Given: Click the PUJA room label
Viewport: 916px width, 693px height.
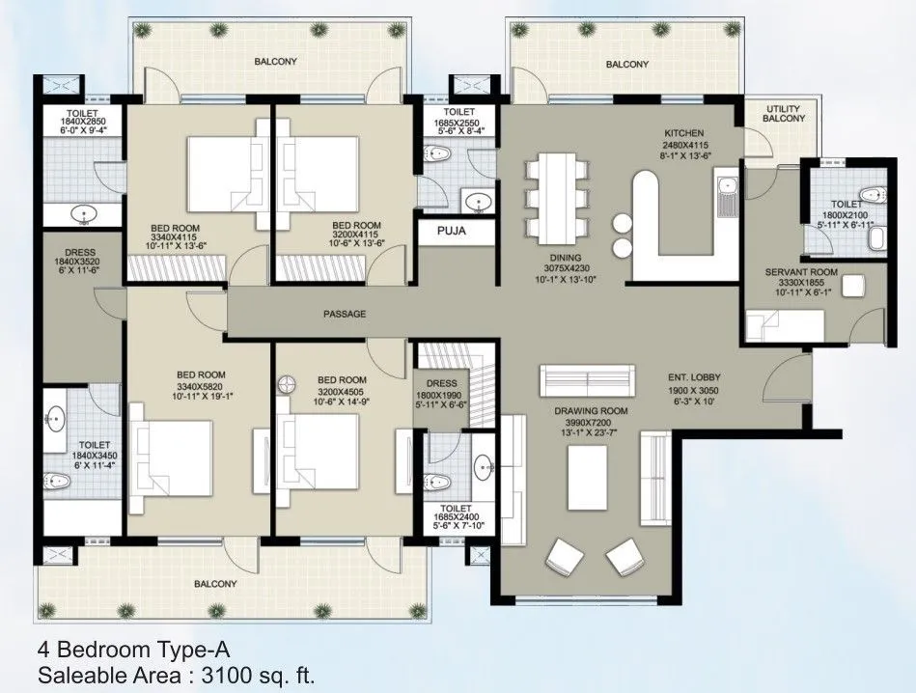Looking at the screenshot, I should tap(449, 232).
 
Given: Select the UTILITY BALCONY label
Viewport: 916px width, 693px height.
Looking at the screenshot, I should tap(785, 113).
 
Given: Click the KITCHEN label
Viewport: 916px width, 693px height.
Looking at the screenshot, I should tap(682, 133).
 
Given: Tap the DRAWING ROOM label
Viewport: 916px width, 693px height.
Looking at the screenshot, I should tap(591, 411).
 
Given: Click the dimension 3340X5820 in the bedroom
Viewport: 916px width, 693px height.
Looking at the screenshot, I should tap(201, 387).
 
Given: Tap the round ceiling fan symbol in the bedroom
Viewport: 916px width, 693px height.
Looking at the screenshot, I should tap(287, 384).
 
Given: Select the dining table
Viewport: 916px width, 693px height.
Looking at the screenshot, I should tap(558, 198).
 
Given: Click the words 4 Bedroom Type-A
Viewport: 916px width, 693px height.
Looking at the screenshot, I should tap(133, 649).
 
